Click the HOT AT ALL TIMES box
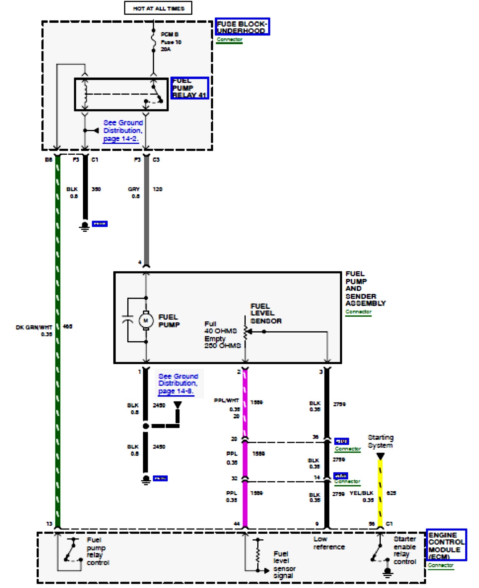[x=158, y=8]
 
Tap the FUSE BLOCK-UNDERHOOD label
[x=242, y=27]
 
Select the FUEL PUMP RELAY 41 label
[x=190, y=88]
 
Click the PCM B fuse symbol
[x=154, y=42]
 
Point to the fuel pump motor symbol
[x=146, y=320]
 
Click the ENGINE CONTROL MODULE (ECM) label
[x=446, y=545]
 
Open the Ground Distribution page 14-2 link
[x=123, y=131]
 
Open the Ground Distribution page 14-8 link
[x=178, y=383]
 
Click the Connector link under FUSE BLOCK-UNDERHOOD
[x=229, y=40]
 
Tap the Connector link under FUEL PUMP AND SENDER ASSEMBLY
[x=358, y=312]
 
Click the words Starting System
[x=380, y=441]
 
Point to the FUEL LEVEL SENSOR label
[x=266, y=313]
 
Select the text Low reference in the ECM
[x=329, y=543]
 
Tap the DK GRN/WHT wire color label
[x=34, y=327]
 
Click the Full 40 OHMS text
[x=220, y=327]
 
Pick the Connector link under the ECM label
[x=440, y=565]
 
